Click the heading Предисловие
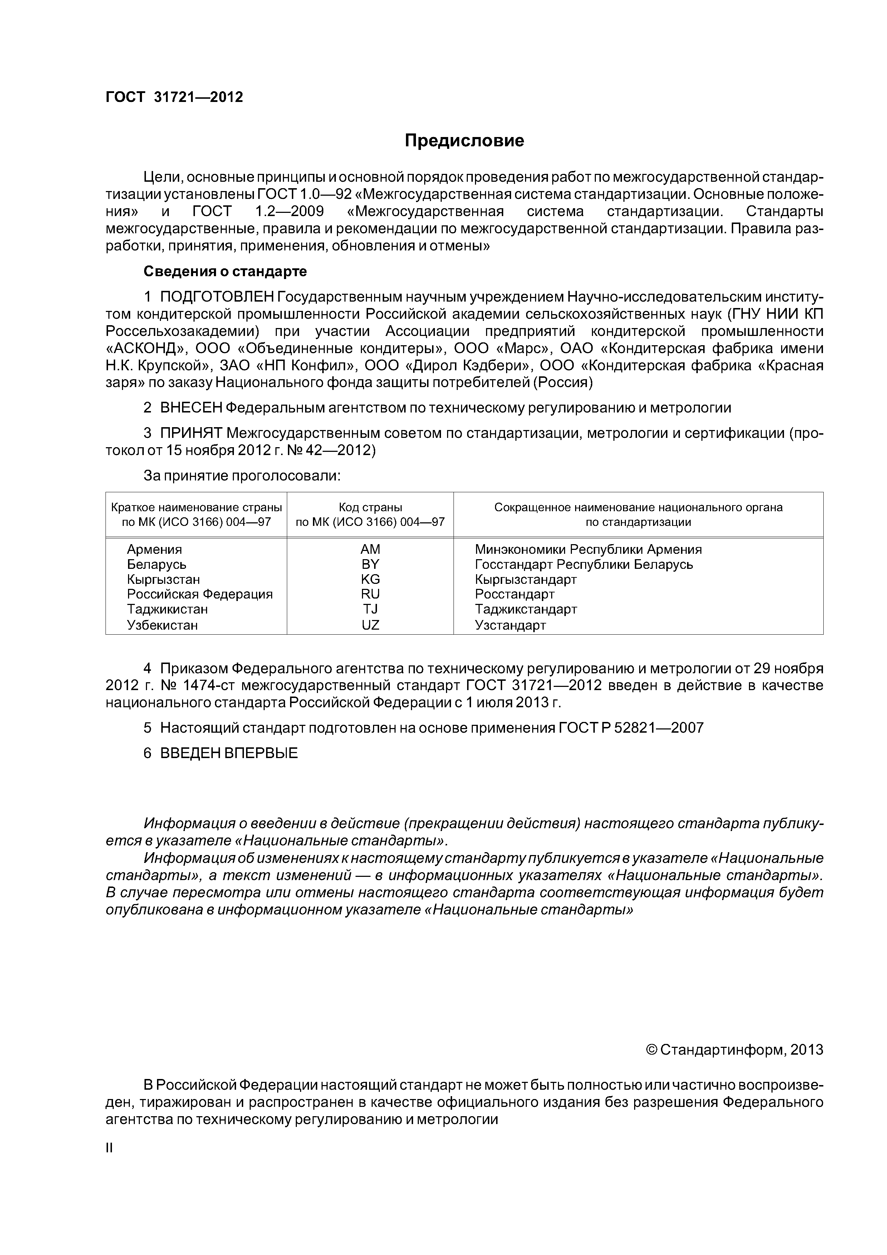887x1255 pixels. coord(464,141)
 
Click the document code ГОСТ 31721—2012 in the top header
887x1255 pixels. coord(174,97)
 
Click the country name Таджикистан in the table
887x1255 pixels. coord(167,609)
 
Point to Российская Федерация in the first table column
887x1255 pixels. coord(200,594)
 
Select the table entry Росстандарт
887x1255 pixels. coord(514,594)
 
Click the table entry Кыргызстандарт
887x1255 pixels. coord(526,579)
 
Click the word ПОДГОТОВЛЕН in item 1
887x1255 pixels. coord(216,297)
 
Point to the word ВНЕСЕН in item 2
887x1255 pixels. coord(191,408)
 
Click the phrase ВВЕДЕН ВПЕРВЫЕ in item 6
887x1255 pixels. coord(229,753)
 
